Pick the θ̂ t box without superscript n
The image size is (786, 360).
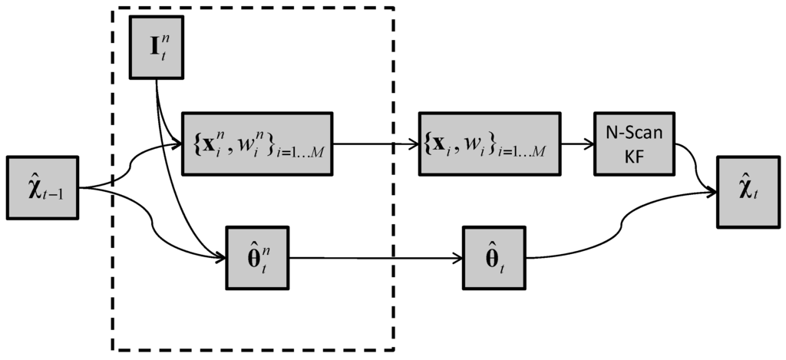pyautogui.click(x=493, y=257)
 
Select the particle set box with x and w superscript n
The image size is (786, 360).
pyautogui.click(x=256, y=142)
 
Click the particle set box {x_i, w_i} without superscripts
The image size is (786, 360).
pyautogui.click(x=488, y=142)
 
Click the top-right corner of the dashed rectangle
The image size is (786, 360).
pyautogui.click(x=394, y=8)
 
